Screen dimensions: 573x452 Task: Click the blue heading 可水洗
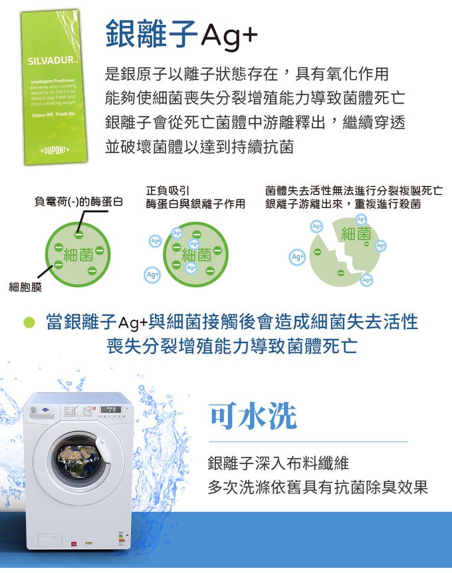coord(253,416)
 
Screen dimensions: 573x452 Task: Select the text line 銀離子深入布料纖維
coord(279,463)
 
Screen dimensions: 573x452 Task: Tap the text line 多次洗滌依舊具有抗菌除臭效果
coord(318,487)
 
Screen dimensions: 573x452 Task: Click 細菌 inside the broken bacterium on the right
coord(356,233)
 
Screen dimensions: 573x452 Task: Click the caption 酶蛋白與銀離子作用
coord(196,204)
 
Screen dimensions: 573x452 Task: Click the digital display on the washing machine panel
coord(112,410)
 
